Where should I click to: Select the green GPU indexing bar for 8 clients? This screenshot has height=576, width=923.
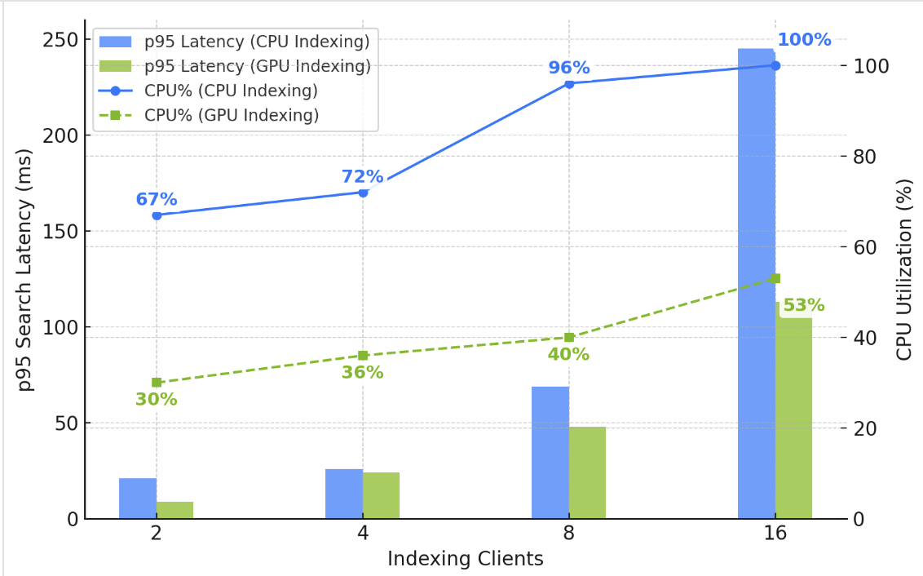(587, 472)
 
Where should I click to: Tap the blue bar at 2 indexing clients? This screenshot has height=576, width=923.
(138, 498)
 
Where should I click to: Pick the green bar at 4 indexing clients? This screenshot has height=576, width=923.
(381, 495)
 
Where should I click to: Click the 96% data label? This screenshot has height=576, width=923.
(568, 68)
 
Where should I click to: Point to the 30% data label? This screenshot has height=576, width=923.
(156, 400)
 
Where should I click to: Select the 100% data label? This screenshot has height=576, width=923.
(803, 40)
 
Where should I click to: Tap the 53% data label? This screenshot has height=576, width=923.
(803, 306)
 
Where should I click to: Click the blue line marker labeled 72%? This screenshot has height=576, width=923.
(363, 193)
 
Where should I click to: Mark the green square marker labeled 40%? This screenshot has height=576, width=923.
(569, 337)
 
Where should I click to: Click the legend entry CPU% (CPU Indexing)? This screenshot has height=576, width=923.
(231, 91)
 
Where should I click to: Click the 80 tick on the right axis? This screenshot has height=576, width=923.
(866, 157)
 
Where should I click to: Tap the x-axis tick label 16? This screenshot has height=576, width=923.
(775, 535)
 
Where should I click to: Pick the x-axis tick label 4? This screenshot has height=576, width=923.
(363, 535)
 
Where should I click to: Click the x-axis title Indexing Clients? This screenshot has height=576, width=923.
(465, 559)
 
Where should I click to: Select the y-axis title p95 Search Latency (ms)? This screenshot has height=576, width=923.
(26, 269)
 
